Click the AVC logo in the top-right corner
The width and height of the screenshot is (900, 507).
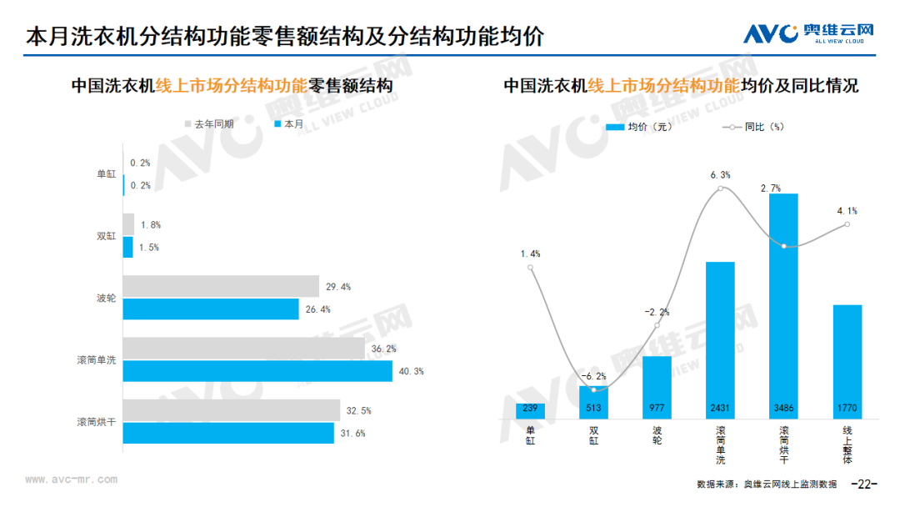coord(808,33)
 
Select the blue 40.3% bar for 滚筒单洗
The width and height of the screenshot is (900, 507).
coord(257,371)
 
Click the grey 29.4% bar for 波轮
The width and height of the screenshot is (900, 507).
coord(221,286)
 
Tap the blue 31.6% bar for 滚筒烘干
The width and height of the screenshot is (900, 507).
coord(228,433)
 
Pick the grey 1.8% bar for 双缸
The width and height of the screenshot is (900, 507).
coord(128,224)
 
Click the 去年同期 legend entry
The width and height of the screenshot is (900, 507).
coord(209,124)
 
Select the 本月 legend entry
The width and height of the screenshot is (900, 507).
coord(288,124)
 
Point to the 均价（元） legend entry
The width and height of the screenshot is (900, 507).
coord(639,127)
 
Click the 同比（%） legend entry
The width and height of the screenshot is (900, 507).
coord(753,127)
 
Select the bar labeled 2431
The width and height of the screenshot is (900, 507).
coord(720,340)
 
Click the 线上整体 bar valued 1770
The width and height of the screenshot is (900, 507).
coord(847,362)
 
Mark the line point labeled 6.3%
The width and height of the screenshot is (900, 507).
coord(720,188)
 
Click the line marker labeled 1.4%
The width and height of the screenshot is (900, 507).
coord(530,268)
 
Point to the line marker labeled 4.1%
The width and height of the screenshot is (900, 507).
coord(847,224)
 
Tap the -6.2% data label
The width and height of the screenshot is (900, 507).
coord(593,376)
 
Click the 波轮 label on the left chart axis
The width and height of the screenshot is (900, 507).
coord(106,298)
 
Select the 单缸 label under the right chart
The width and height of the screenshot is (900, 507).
coord(530,436)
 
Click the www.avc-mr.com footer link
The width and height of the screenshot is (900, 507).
coord(71,479)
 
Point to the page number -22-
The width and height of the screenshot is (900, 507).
coord(864,484)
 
